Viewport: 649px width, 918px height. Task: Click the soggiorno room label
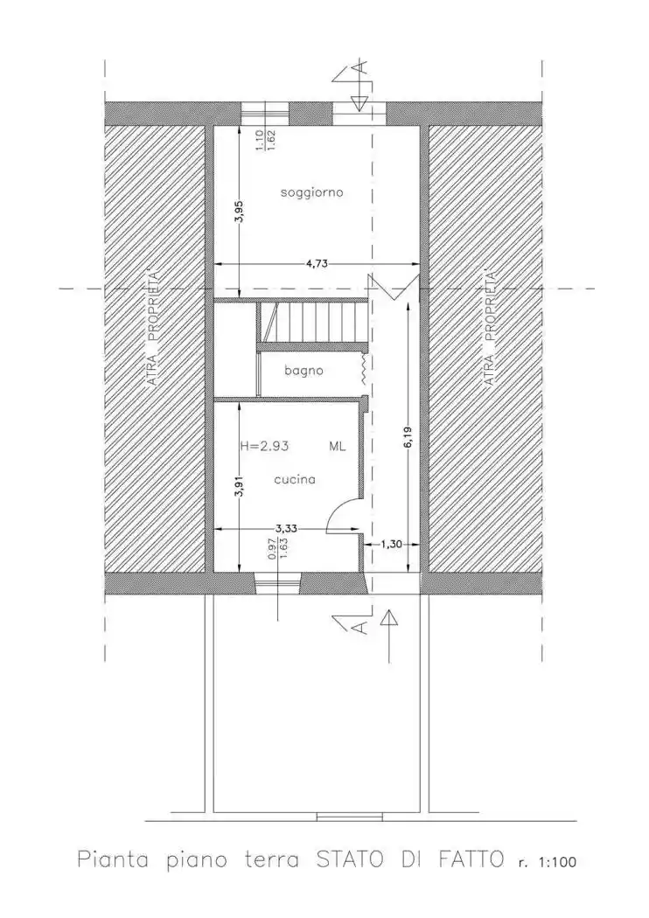tap(311, 191)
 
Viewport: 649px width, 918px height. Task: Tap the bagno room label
tap(304, 371)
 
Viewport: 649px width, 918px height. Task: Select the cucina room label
tap(295, 480)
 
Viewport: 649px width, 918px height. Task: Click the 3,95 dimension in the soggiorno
tap(239, 212)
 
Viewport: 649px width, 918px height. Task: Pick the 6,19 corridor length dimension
tap(408, 435)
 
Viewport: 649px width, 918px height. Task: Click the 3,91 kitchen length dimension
tap(239, 486)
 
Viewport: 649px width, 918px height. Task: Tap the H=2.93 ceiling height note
tap(265, 446)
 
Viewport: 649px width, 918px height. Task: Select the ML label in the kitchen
tap(338, 446)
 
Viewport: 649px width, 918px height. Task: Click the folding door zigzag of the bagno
tap(361, 371)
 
